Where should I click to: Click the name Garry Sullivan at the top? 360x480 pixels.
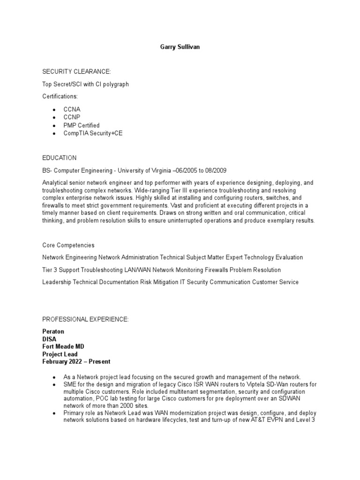pyautogui.click(x=180, y=47)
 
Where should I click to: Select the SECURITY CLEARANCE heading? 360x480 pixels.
pyautogui.click(x=77, y=71)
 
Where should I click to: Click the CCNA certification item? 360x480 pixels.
pyautogui.click(x=72, y=109)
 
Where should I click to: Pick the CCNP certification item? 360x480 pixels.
pyautogui.click(x=72, y=117)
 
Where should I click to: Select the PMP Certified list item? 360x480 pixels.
pyautogui.click(x=82, y=125)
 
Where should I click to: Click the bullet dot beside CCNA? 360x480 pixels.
pyautogui.click(x=54, y=109)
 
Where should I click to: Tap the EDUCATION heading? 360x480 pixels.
pyautogui.click(x=60, y=158)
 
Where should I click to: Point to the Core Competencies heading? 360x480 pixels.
pyautogui.click(x=68, y=245)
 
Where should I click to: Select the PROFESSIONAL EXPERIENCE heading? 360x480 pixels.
pyautogui.click(x=85, y=319)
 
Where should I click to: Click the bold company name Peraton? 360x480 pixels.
pyautogui.click(x=53, y=331)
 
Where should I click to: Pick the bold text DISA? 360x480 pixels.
pyautogui.click(x=50, y=339)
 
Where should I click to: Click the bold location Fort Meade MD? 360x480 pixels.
pyautogui.click(x=64, y=347)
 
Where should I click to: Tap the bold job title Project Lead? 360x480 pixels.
pyautogui.click(x=60, y=354)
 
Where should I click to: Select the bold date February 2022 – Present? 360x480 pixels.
pyautogui.click(x=76, y=362)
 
